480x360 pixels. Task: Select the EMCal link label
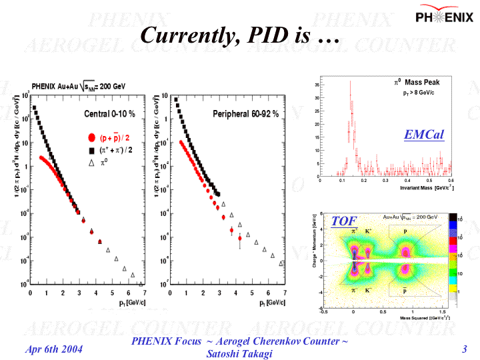click(x=423, y=135)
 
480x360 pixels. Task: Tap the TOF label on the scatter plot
click(x=344, y=221)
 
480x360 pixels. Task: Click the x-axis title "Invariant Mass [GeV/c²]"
click(x=427, y=189)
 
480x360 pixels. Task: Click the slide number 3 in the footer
click(x=464, y=349)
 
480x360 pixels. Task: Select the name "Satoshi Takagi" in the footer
click(x=240, y=354)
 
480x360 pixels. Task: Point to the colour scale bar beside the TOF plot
click(x=453, y=261)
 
